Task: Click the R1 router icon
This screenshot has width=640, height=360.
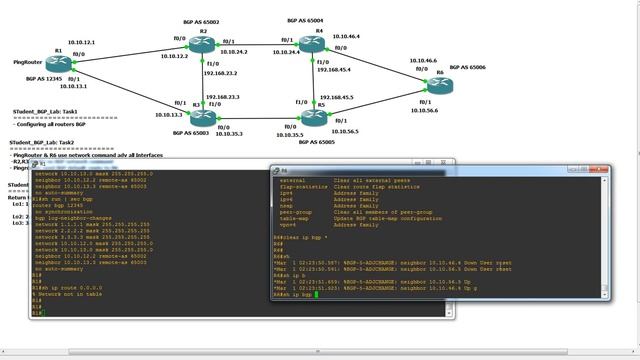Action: click(x=57, y=64)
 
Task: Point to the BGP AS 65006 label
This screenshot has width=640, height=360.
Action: click(x=467, y=66)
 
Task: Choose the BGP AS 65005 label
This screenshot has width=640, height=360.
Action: click(x=309, y=142)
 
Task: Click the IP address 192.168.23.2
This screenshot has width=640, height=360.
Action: click(x=221, y=73)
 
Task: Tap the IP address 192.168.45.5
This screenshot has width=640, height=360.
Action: click(x=335, y=97)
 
